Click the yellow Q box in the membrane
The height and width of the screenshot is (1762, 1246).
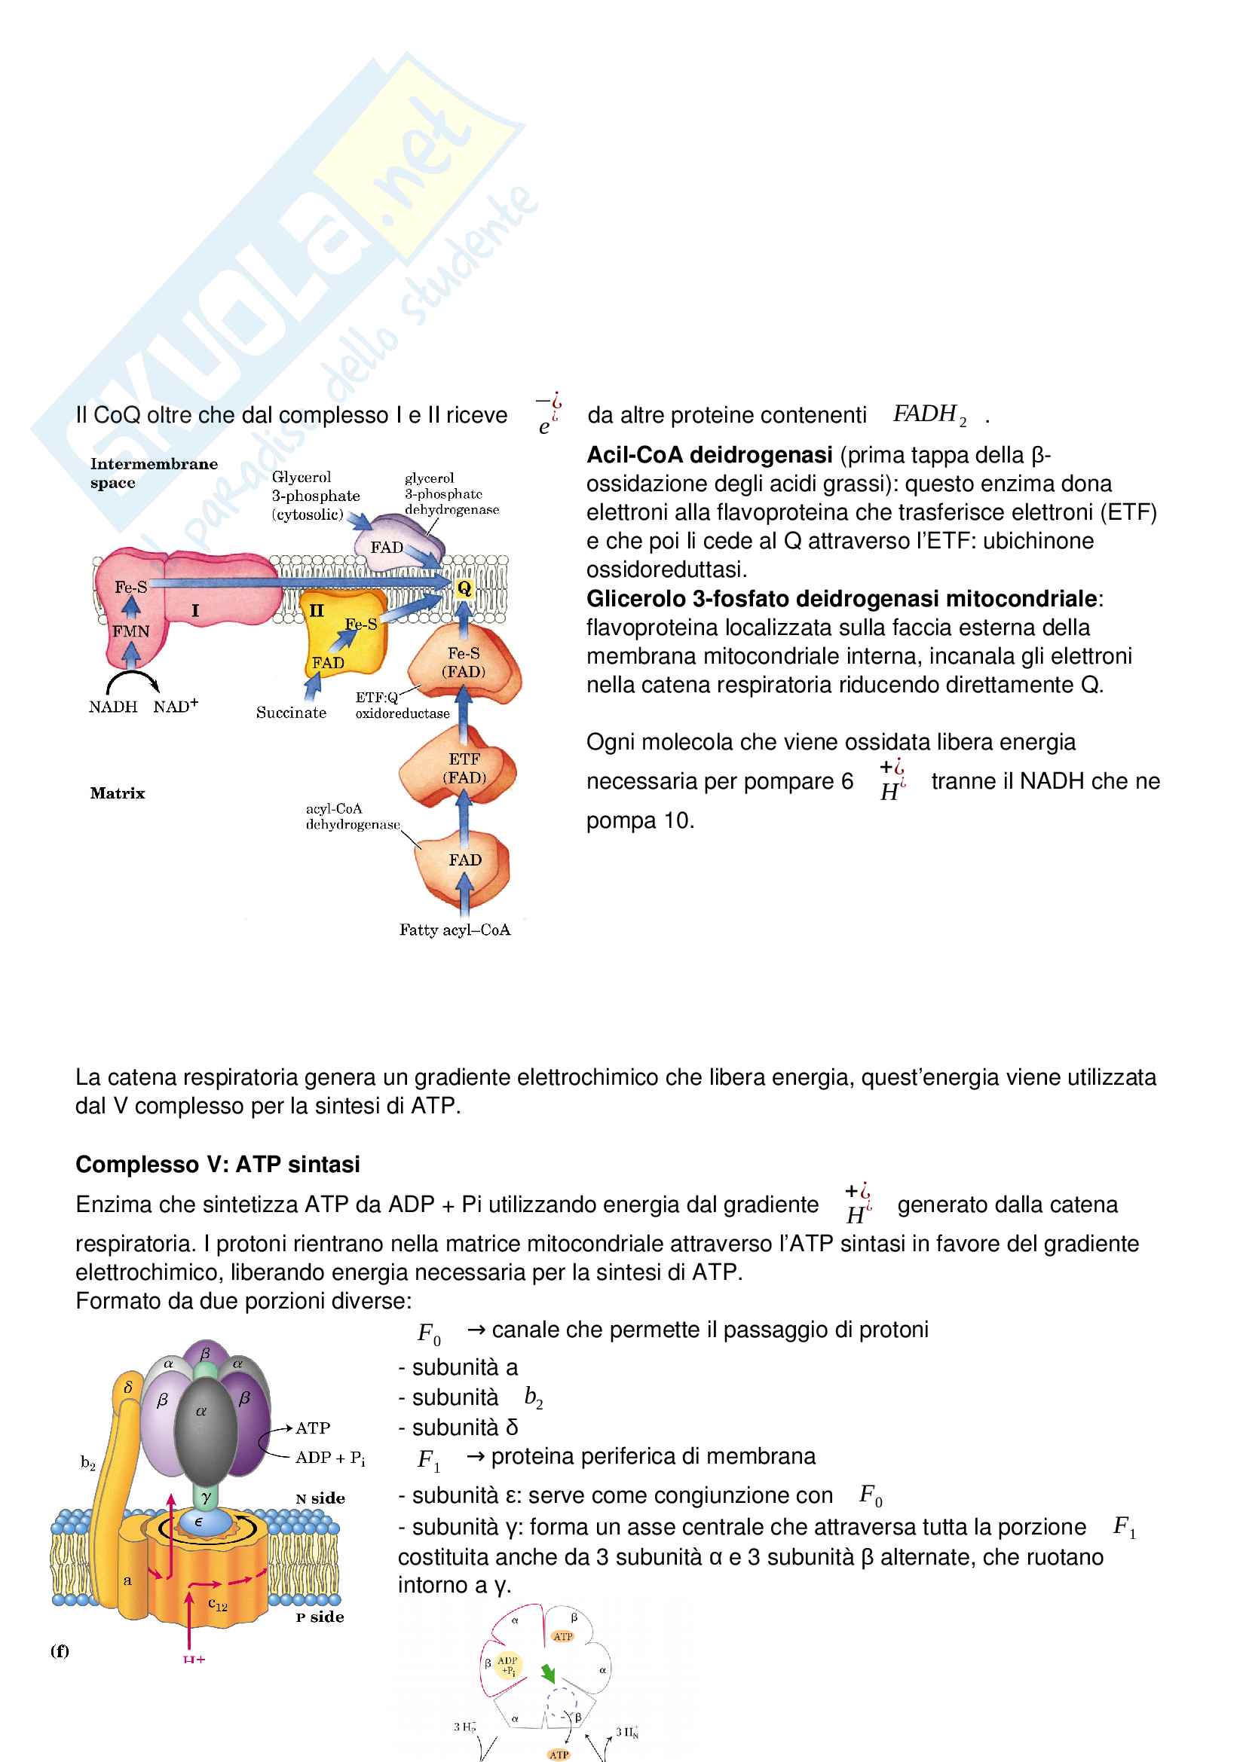[464, 588]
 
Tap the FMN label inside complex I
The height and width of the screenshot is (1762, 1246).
[130, 631]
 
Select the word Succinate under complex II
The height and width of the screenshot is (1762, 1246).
[291, 713]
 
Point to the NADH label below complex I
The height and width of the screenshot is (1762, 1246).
[113, 707]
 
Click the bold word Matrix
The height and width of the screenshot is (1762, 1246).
[118, 793]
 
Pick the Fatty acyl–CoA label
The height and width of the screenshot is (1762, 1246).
[455, 930]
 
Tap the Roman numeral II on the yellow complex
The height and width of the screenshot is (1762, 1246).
[317, 611]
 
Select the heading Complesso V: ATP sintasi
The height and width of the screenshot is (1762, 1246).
[217, 1164]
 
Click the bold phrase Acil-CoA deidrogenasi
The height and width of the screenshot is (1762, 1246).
[709, 455]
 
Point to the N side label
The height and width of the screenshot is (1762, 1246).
[320, 1498]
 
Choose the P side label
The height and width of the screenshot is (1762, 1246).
[320, 1617]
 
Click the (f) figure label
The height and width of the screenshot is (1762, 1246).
[60, 1651]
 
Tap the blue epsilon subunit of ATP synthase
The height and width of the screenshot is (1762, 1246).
[200, 1521]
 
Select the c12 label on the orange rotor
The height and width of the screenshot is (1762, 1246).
[218, 1604]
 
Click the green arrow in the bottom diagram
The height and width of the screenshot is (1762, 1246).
[548, 1673]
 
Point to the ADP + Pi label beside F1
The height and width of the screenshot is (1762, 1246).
[330, 1458]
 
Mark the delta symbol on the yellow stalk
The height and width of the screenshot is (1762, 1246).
[128, 1387]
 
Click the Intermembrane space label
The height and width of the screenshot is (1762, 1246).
[154, 473]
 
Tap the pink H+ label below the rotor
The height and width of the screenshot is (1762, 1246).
[194, 1659]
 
